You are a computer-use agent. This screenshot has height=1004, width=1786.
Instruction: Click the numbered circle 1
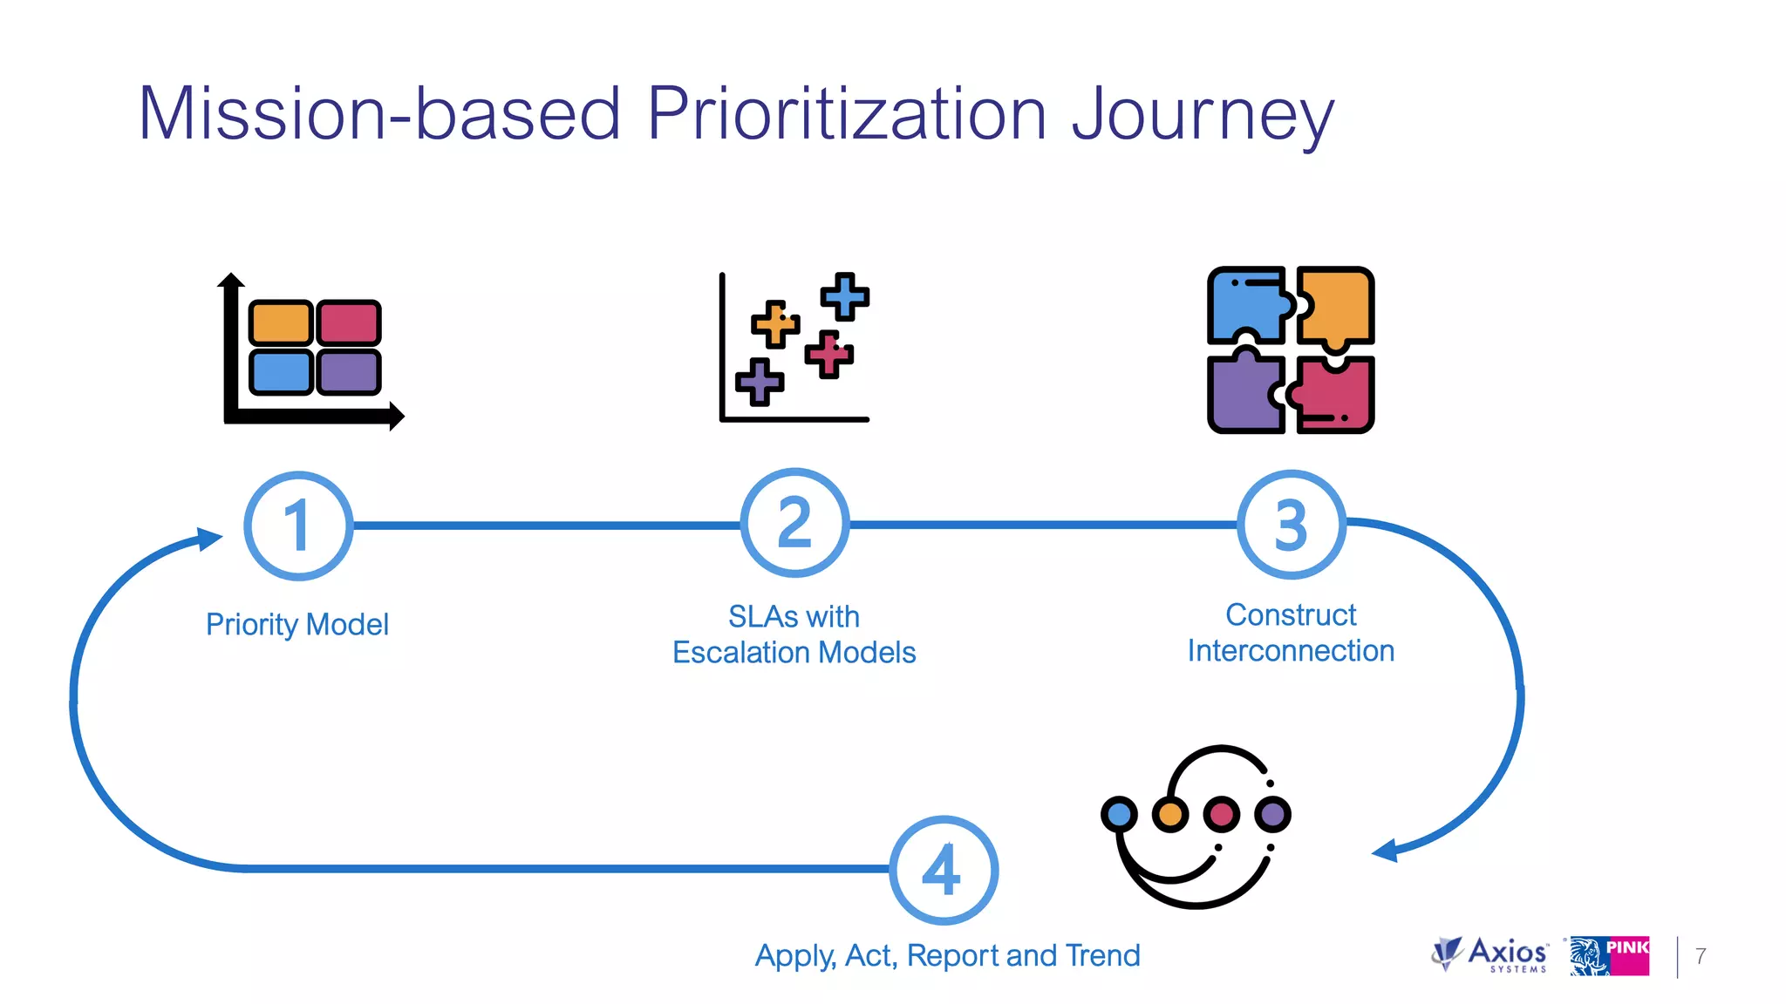tap(298, 526)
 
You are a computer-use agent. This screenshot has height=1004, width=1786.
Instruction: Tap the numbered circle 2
tap(794, 523)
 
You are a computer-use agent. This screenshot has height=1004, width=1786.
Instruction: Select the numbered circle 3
tap(1292, 525)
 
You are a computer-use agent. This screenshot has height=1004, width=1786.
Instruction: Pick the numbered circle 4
tap(944, 870)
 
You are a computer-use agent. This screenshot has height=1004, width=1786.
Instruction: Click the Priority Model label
tap(297, 625)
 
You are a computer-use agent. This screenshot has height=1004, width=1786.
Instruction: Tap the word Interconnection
tap(1291, 651)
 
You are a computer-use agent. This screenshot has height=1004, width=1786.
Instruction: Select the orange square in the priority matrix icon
tap(281, 323)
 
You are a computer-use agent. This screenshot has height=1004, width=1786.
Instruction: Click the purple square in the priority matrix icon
tap(349, 372)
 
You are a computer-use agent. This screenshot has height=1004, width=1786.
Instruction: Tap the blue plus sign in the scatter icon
tap(844, 296)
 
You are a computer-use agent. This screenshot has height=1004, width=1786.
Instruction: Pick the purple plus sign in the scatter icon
tap(760, 382)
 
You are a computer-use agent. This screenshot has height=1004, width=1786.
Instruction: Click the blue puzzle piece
tap(1245, 305)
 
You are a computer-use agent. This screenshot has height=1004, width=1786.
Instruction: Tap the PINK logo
tap(1610, 956)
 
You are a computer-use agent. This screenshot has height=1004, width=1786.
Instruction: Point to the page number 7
tap(1701, 956)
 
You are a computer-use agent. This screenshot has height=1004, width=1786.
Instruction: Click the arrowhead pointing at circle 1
tap(209, 539)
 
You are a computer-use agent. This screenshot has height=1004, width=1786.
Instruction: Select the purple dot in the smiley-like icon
tap(1273, 814)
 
